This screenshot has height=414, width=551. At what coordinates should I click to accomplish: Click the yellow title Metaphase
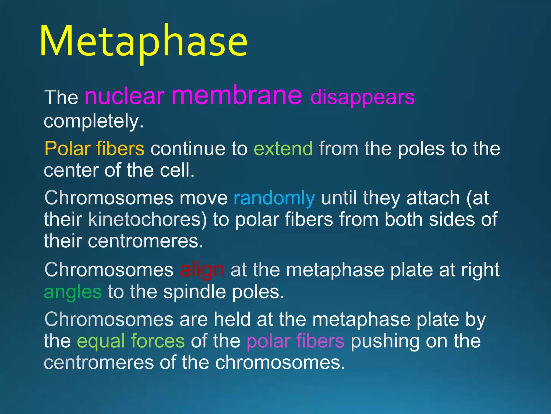(143, 42)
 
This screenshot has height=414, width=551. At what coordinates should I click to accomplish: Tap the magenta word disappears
(362, 97)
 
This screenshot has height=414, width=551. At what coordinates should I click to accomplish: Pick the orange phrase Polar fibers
(94, 149)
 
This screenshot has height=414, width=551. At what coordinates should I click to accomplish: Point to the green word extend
(283, 149)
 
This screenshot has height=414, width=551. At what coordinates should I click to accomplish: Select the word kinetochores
(147, 219)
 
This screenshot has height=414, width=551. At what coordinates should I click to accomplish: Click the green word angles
(73, 292)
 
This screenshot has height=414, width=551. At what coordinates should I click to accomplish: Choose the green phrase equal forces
(131, 341)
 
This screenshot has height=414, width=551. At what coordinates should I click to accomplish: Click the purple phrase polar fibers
(295, 341)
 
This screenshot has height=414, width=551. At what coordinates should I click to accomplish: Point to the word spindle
(194, 292)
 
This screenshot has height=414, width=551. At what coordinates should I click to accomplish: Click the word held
(232, 319)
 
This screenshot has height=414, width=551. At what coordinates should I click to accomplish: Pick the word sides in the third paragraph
(452, 219)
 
